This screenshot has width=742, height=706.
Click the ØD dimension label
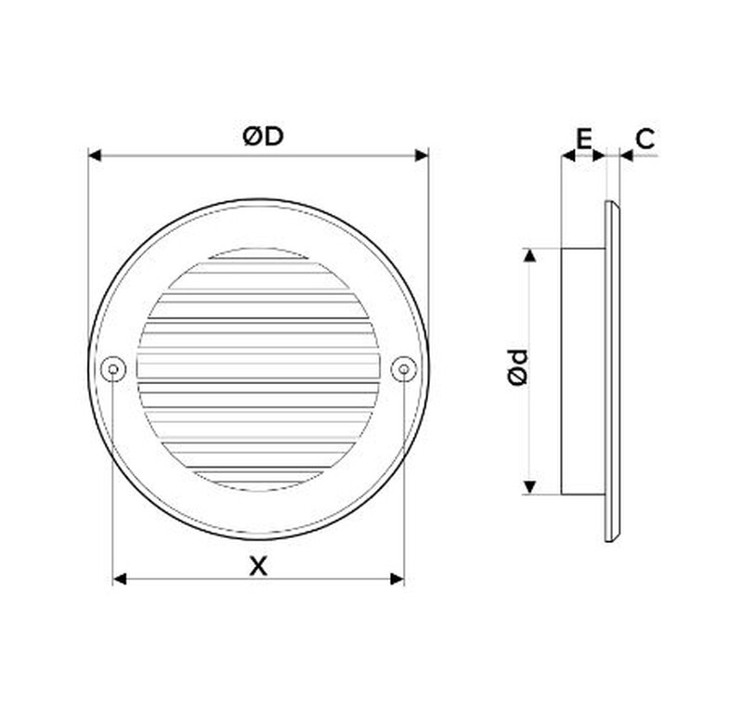pyautogui.click(x=263, y=136)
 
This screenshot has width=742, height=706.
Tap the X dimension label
pyautogui.click(x=258, y=566)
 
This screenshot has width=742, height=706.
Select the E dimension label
pyautogui.click(x=584, y=138)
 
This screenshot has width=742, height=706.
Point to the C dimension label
pyautogui.click(x=645, y=138)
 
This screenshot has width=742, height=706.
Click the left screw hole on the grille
pyautogui.click(x=113, y=369)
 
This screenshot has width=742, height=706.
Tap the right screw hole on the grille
pyautogui.click(x=404, y=369)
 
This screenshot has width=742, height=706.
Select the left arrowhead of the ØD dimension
pyautogui.click(x=95, y=155)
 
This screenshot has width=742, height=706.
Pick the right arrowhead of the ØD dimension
pyautogui.click(x=422, y=155)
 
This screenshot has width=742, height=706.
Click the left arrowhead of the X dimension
pyautogui.click(x=120, y=579)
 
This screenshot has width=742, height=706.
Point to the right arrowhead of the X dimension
pyautogui.click(x=397, y=579)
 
